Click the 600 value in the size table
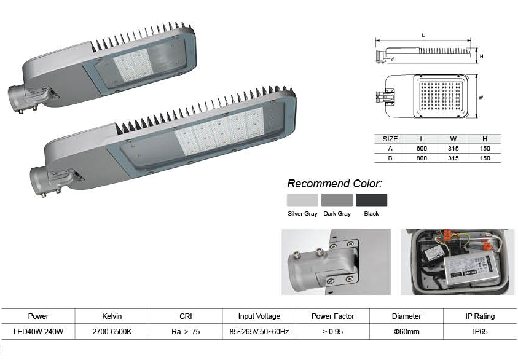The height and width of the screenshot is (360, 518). [422, 148]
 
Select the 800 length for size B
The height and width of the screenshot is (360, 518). [422, 158]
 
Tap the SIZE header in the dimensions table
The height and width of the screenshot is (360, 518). [390, 139]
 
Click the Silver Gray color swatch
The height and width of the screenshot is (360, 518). [302, 200]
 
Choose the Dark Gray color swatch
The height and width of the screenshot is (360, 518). [337, 200]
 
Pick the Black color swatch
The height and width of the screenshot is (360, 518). [371, 200]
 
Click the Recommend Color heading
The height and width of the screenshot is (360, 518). [335, 183]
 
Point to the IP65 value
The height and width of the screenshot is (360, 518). [480, 331]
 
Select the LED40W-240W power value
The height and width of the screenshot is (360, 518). [38, 331]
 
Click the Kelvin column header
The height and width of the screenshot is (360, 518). [112, 316]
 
